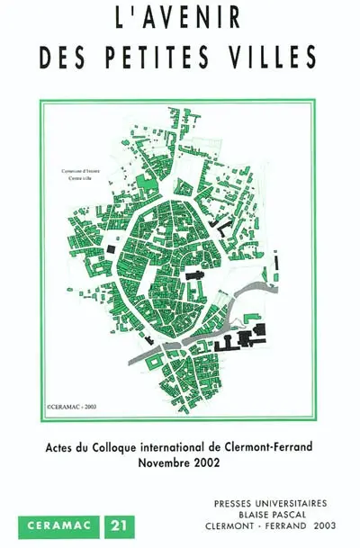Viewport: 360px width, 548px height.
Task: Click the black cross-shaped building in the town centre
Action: (193, 274)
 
